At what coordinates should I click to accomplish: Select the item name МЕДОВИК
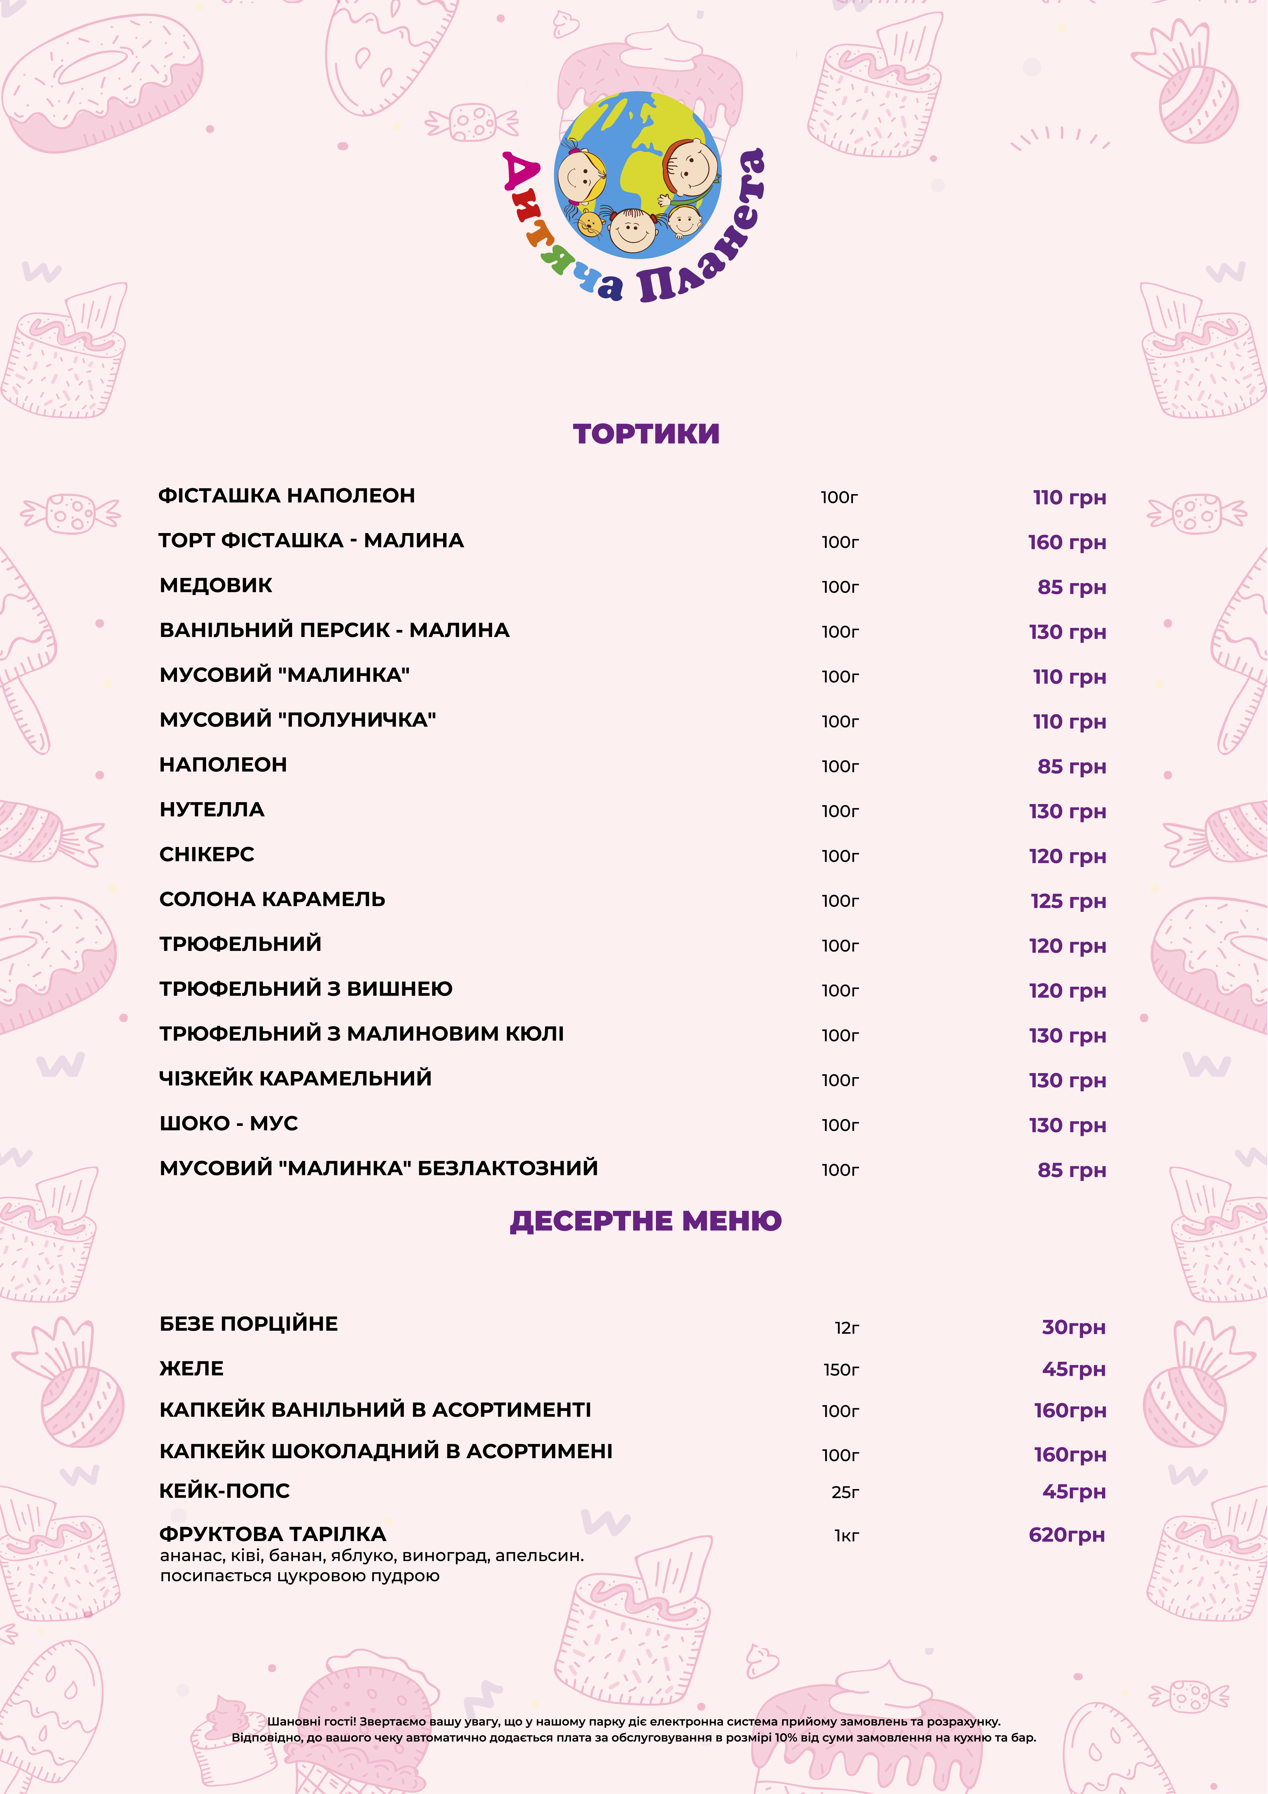click(x=216, y=585)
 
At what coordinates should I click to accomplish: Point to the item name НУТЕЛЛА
click(x=212, y=809)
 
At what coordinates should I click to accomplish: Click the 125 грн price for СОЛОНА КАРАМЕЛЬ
click(x=1068, y=901)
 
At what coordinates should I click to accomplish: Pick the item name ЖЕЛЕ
click(x=191, y=1368)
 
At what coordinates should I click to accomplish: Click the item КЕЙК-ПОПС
click(x=224, y=1490)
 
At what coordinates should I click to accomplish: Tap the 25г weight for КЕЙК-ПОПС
click(x=845, y=1492)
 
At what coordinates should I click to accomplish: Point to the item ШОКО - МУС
click(x=228, y=1123)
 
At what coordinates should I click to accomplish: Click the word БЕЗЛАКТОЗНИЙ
click(x=508, y=1167)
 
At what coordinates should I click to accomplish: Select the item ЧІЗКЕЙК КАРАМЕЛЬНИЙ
click(x=295, y=1078)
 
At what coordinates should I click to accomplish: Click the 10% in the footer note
click(x=786, y=1738)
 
